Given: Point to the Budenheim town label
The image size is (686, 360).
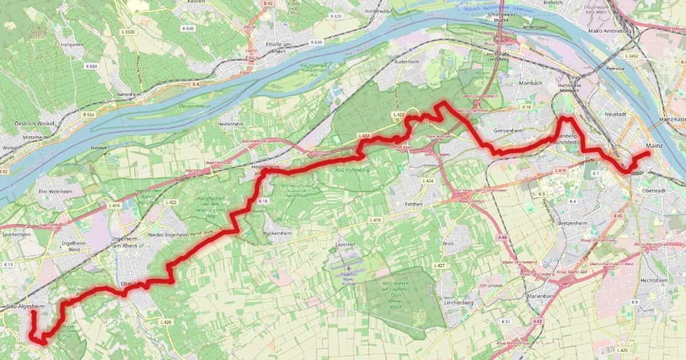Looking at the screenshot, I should click(x=408, y=61).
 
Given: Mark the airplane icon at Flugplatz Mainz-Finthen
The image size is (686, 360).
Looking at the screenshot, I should click(x=349, y=267).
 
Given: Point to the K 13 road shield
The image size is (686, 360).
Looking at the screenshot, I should click(x=9, y=265).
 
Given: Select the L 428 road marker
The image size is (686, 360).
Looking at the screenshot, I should click(x=166, y=322).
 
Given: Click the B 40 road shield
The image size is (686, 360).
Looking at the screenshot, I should click(x=617, y=215).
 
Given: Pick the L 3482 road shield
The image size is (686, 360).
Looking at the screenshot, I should click(x=632, y=56).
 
